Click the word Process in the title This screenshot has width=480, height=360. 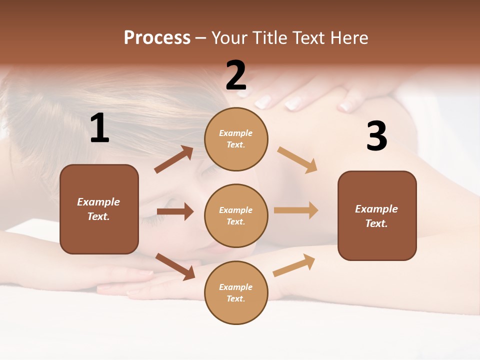(x=157, y=38)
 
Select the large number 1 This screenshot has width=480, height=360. (x=99, y=128)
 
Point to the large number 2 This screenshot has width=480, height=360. (x=236, y=75)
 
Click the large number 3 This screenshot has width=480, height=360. (x=376, y=136)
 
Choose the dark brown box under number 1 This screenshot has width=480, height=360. (x=99, y=209)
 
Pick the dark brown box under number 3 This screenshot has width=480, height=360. (x=377, y=215)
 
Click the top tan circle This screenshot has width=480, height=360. (x=236, y=139)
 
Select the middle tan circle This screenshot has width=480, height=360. (x=236, y=215)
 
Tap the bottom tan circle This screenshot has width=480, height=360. (x=236, y=292)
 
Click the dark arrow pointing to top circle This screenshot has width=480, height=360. (x=174, y=159)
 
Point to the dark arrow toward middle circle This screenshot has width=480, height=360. (x=175, y=211)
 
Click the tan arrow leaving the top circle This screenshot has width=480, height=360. (x=297, y=159)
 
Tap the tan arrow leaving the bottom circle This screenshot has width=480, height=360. (x=294, y=265)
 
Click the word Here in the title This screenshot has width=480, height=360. (x=348, y=38)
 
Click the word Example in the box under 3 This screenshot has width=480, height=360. (x=376, y=209)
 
